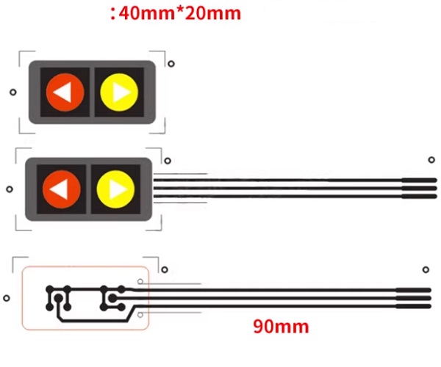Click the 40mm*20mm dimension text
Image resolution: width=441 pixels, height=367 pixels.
180,13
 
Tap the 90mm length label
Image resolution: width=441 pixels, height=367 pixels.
281,327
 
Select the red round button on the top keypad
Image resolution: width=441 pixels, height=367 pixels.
65,92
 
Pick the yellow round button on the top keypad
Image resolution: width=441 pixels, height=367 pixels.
119,92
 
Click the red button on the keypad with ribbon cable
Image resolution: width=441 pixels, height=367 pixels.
62,189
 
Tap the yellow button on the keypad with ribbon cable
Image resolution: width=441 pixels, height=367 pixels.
115,189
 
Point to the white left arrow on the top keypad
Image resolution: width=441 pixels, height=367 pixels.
62,92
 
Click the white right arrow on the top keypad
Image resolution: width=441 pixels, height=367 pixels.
122,92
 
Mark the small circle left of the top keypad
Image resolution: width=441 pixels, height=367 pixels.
13,92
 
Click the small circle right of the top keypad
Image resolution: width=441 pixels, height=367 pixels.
171,64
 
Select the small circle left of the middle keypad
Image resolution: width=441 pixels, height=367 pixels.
10,189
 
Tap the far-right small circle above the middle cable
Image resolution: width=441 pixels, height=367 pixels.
431,160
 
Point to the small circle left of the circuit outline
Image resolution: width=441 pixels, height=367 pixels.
6,298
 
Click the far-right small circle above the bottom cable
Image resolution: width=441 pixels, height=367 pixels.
426,269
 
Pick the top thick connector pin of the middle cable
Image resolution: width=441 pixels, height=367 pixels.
420,181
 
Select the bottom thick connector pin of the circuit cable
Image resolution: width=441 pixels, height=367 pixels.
414,306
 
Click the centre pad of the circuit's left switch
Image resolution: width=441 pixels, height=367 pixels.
59,298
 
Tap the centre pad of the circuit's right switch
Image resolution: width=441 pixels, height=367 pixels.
112,298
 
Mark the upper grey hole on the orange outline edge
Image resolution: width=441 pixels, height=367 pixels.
140,281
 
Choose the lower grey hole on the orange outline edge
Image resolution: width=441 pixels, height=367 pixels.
140,315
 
